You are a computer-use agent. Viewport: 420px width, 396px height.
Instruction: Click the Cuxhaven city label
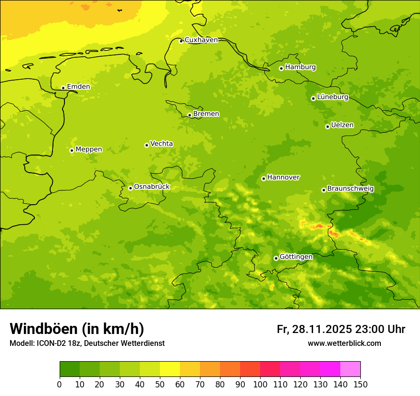pos(201,40)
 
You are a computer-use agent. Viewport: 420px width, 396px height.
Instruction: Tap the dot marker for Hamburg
pos(281,68)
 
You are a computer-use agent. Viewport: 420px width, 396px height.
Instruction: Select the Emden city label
pos(78,87)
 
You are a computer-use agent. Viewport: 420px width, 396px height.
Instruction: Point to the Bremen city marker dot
pos(189,115)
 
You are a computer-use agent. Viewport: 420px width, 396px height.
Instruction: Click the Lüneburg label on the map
pos(333,97)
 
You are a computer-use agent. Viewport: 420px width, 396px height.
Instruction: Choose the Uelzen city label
pos(342,125)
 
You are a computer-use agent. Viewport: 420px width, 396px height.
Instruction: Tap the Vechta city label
pos(161,144)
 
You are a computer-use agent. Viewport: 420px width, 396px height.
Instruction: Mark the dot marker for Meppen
pos(72,150)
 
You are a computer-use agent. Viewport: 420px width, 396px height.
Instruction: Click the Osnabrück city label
pos(152,187)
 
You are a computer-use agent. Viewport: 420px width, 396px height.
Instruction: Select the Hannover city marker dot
pos(263,178)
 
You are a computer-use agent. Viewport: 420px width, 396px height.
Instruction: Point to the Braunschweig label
pos(350,188)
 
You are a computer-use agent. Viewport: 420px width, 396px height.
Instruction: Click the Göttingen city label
pos(296,257)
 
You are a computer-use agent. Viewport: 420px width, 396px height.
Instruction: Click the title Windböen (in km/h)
pos(77,329)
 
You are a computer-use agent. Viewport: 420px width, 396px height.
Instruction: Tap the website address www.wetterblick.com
pos(344,343)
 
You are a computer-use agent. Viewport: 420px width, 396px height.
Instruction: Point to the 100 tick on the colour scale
pos(260,384)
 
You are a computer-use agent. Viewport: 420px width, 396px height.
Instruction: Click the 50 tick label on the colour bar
pos(160,384)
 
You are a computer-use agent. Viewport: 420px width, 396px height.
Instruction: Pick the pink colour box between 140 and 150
pos(350,369)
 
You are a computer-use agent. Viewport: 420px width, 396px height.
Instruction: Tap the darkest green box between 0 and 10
pos(70,369)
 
